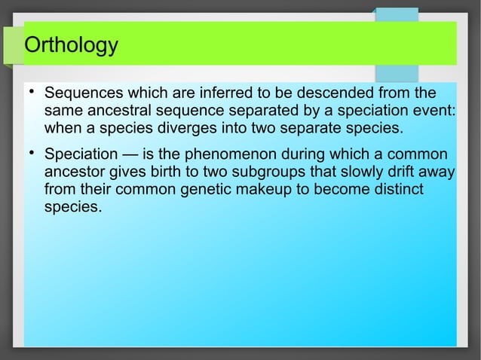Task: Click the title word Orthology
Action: [x=71, y=47]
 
